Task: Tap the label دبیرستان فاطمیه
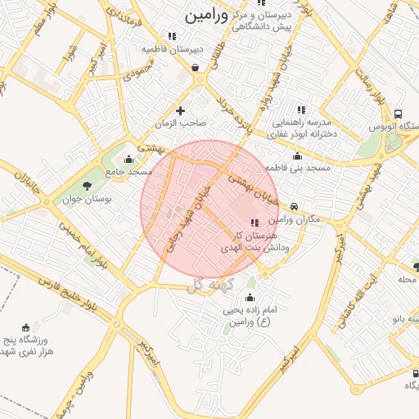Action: pyautogui.click(x=172, y=49)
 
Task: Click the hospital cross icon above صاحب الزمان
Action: pyautogui.click(x=181, y=110)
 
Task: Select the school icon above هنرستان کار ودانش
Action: pyautogui.click(x=254, y=223)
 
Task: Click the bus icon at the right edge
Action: pyautogui.click(x=398, y=115)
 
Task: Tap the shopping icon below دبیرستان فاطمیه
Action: pyautogui.click(x=196, y=68)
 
